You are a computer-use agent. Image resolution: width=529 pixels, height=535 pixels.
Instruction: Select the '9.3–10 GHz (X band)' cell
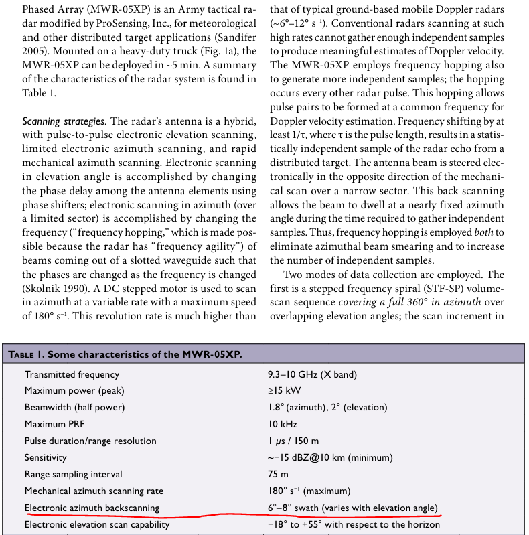(312, 374)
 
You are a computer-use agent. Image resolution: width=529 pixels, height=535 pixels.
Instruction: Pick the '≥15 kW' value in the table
(284, 390)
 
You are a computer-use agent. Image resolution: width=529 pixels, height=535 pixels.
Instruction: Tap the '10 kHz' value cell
(282, 424)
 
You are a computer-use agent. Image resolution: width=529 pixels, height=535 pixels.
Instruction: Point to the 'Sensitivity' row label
(46, 457)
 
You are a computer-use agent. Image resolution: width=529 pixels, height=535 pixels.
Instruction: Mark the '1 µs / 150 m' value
(293, 441)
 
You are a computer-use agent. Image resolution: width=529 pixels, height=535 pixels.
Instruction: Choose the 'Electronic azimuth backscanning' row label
(92, 508)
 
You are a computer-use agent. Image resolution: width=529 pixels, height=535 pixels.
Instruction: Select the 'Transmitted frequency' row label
(72, 374)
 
